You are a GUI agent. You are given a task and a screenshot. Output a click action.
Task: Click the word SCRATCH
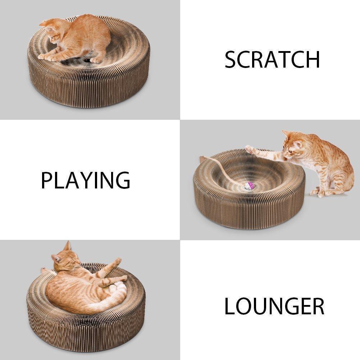coord(272,60)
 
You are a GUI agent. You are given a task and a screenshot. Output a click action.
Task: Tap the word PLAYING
coord(85,180)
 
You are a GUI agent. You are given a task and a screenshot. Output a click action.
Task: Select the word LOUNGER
coord(274,306)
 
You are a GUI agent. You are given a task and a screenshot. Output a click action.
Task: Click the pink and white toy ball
coord(249,186)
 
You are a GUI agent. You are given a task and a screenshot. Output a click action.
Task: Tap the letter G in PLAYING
coord(122,180)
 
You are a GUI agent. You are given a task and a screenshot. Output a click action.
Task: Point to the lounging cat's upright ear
coord(67,246)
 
